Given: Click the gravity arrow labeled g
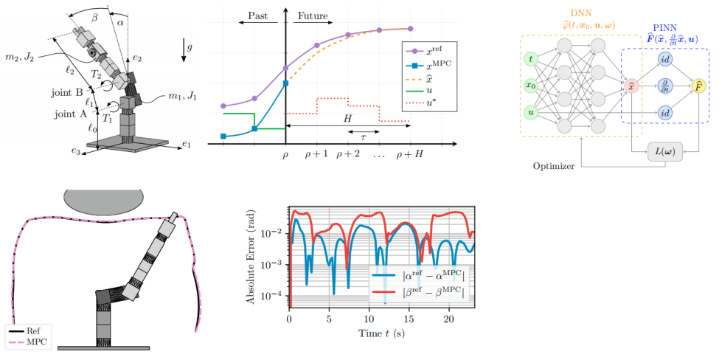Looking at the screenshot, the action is click(184, 50).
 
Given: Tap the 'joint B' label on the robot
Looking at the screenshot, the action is click(67, 93).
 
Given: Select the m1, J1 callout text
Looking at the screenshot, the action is click(183, 97).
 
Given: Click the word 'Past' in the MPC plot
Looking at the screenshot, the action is click(257, 15).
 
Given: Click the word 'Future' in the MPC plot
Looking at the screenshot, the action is click(313, 15).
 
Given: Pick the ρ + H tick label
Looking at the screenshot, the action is click(410, 154).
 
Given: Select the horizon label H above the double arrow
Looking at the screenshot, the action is click(347, 118).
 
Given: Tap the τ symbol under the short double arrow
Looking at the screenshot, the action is click(363, 137).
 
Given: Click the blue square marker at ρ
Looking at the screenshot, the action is click(285, 83).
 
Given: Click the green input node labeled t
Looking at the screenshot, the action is click(531, 59).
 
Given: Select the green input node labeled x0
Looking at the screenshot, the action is click(531, 86).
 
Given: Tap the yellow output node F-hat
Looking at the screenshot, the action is click(699, 86).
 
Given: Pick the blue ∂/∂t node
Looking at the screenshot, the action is click(665, 86).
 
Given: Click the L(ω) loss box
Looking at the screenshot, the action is click(665, 151).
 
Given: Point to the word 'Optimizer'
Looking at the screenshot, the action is click(554, 166).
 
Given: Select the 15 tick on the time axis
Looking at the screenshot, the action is click(409, 319).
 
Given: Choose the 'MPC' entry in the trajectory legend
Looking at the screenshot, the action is click(37, 342).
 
